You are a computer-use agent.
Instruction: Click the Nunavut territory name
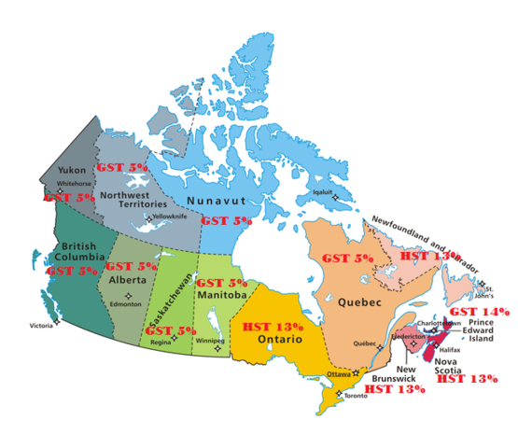(215, 201)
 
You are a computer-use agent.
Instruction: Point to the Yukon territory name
(72, 171)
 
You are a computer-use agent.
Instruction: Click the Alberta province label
(128, 278)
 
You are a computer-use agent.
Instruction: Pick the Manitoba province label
(220, 296)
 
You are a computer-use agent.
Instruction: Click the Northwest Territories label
(133, 197)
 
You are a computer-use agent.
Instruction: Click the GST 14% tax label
(479, 311)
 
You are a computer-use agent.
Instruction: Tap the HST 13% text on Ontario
(273, 327)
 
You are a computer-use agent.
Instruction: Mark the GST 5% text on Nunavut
(227, 220)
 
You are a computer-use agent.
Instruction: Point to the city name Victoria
(41, 326)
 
